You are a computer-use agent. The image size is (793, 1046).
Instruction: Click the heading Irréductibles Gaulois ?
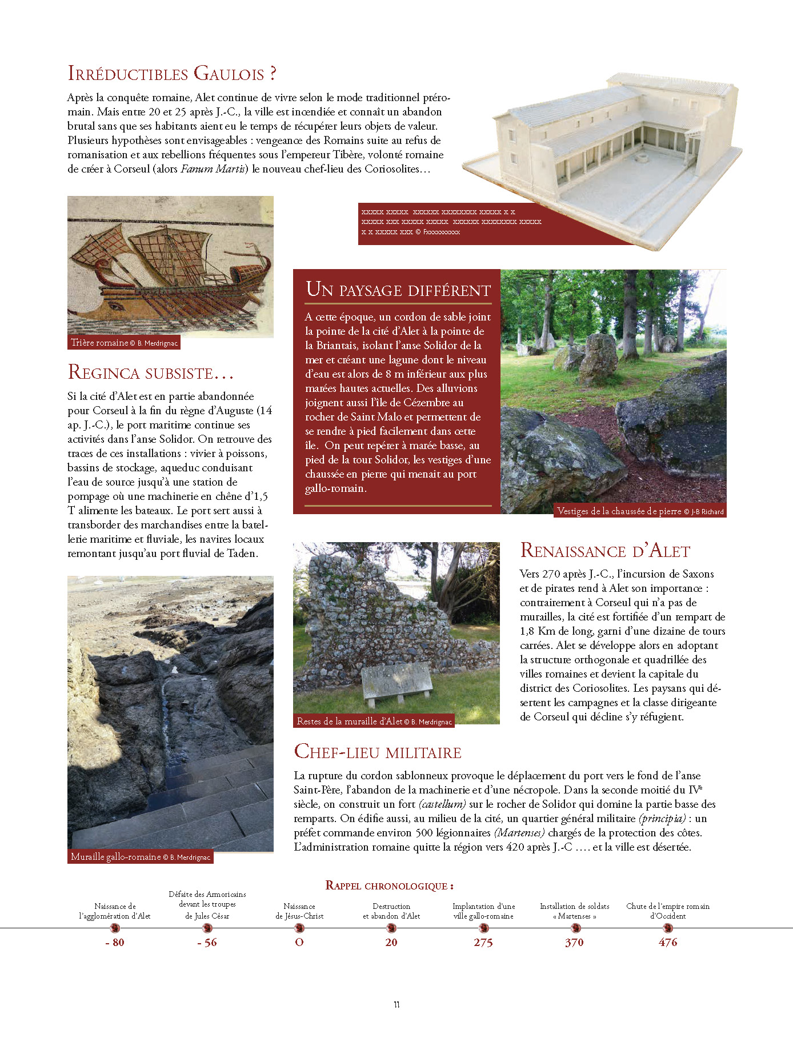(172, 74)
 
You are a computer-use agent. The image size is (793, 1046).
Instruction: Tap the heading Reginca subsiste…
(151, 372)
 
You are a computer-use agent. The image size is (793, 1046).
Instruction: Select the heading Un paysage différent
(398, 290)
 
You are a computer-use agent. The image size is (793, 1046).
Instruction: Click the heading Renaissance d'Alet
(605, 551)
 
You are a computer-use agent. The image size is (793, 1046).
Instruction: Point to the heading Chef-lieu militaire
(378, 752)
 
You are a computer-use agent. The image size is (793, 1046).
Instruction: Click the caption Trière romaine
(124, 343)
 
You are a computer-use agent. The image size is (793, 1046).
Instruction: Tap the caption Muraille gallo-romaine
(140, 857)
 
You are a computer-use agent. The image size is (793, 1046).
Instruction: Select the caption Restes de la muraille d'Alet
(374, 722)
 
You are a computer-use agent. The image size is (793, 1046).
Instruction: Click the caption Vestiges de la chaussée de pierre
(640, 511)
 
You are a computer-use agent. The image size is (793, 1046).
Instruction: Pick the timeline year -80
(115, 943)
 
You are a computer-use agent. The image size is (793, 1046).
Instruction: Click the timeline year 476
(668, 943)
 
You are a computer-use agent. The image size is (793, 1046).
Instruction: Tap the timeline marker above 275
(483, 928)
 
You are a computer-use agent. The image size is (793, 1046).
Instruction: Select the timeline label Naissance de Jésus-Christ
(299, 911)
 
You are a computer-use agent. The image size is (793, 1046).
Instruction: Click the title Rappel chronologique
(390, 886)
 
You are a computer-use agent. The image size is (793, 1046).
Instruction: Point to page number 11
(396, 1005)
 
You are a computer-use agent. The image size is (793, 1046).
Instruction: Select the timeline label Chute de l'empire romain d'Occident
(668, 911)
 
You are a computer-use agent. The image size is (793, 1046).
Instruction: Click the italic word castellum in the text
(442, 804)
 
